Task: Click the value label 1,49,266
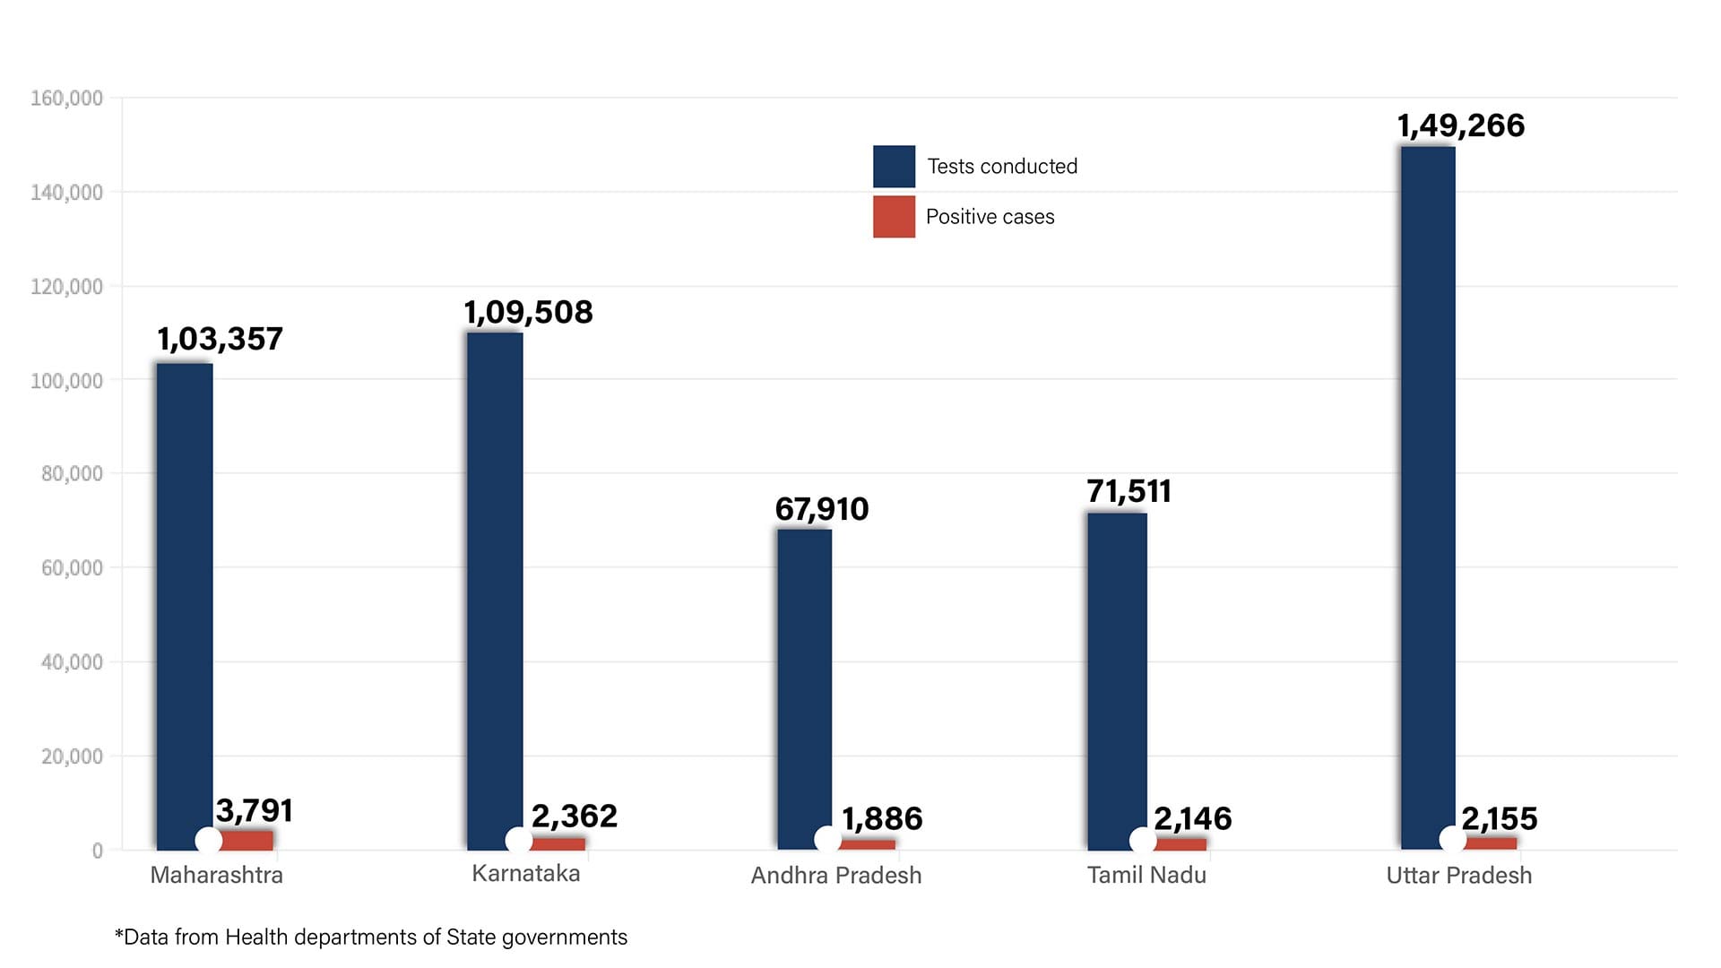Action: coord(1460,125)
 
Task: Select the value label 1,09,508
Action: coord(528,312)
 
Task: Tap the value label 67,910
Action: coord(821,509)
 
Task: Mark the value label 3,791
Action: coord(255,810)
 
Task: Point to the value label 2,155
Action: coord(1499,818)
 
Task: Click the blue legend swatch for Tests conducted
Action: coord(894,166)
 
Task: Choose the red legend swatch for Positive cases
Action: coord(894,216)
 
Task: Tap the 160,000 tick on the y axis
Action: coord(66,98)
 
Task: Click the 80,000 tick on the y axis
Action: coord(72,473)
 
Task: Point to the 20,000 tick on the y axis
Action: coord(72,756)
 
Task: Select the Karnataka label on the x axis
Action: coord(526,874)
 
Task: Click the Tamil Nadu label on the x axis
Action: coord(1146,875)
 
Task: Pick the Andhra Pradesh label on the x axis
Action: coord(835,876)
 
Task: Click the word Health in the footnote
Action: coord(256,937)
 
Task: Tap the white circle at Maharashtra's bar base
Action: coord(209,841)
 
